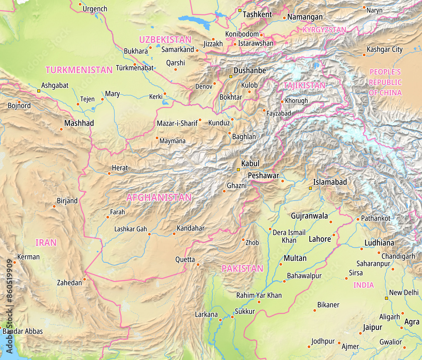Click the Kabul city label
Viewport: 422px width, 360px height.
pyautogui.click(x=250, y=163)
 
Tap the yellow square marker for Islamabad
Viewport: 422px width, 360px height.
pyautogui.click(x=311, y=188)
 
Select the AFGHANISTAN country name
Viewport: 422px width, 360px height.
pyautogui.click(x=159, y=198)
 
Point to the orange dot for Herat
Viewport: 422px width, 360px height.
pyautogui.click(x=109, y=173)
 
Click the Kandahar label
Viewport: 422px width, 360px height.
pyautogui.click(x=190, y=228)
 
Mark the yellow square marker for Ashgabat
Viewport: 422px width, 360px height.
pyautogui.click(x=39, y=91)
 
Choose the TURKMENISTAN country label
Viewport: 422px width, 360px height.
pyautogui.click(x=79, y=70)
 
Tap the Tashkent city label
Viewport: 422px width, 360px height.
pyautogui.click(x=257, y=14)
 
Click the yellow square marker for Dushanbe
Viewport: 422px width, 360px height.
pyautogui.click(x=230, y=76)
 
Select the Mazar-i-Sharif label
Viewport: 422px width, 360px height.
pyautogui.click(x=177, y=124)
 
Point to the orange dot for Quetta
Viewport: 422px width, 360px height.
pyautogui.click(x=198, y=265)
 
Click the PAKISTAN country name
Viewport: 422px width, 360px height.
pyautogui.click(x=242, y=268)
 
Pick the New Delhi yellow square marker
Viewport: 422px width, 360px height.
pyautogui.click(x=386, y=298)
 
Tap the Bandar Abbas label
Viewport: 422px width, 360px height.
pyautogui.click(x=23, y=331)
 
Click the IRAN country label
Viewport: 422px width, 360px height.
pyautogui.click(x=46, y=243)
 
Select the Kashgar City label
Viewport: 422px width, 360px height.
pyautogui.click(x=384, y=49)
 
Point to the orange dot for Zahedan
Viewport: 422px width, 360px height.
pyautogui.click(x=84, y=279)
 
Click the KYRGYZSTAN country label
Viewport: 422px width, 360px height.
pyautogui.click(x=324, y=30)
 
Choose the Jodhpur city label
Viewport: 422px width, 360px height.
pyautogui.click(x=323, y=341)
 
